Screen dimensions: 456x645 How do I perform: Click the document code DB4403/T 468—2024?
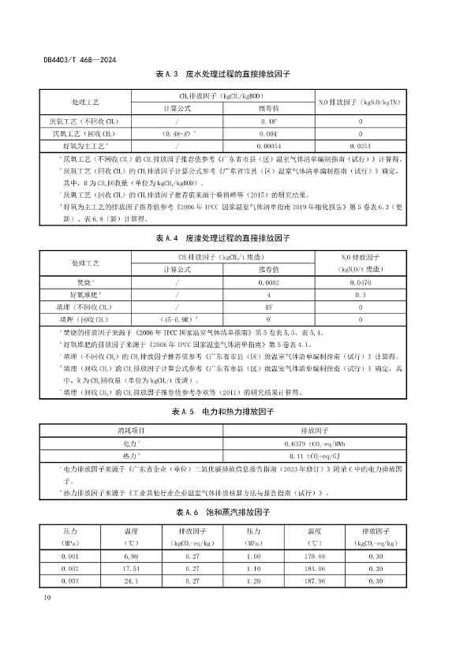click(x=77, y=59)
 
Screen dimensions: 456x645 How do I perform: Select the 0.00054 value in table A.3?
click(x=269, y=146)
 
